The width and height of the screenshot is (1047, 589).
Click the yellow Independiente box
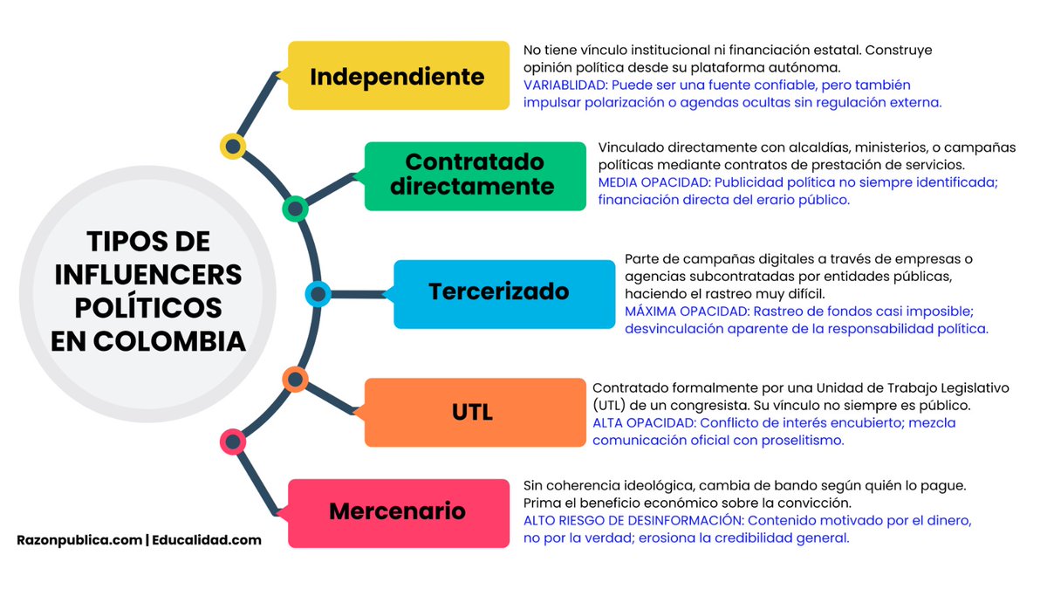pos(398,76)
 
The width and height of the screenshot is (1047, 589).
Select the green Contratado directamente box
pos(474,175)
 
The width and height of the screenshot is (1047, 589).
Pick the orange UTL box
pos(474,412)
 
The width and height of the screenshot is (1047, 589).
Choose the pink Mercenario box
pos(398,511)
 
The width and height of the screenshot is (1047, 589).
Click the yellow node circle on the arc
pos(232,147)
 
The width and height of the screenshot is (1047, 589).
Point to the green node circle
pos(295,209)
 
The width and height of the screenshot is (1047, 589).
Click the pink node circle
pos(232,442)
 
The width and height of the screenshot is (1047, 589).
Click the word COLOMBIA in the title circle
pos(148,342)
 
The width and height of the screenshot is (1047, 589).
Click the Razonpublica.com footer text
pos(79,540)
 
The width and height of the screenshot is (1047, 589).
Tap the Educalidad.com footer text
pos(207,540)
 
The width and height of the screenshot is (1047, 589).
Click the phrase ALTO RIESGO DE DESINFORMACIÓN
pos(633,521)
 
